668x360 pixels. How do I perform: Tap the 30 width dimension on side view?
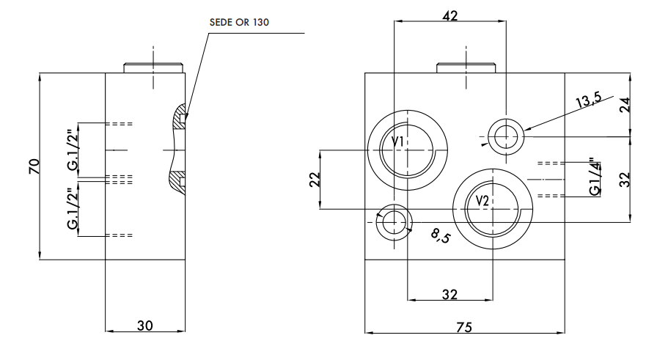tap(145, 326)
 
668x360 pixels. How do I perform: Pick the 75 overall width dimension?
tap(463, 327)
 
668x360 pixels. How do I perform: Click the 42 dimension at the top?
tap(451, 15)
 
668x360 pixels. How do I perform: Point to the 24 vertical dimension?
tap(624, 104)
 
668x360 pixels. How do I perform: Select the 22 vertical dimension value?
tap(314, 180)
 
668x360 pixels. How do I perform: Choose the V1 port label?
tap(397, 141)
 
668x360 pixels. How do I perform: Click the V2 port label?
tap(482, 201)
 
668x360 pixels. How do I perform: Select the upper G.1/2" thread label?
tap(73, 150)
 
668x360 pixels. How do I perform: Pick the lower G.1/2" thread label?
tap(73, 209)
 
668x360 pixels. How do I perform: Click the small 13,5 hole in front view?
tap(505, 135)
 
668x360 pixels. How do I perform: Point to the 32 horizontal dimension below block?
tap(449, 294)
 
